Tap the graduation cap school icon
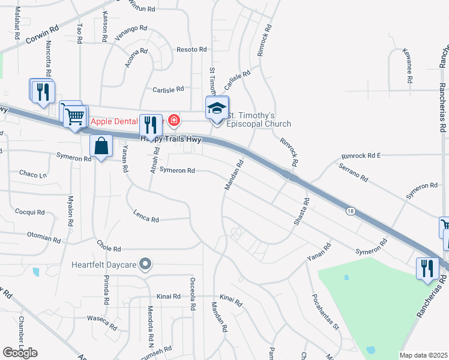(217, 108)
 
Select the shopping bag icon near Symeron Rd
(101, 146)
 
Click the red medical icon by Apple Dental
(174, 120)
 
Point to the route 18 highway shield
(349, 211)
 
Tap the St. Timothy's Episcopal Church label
(259, 119)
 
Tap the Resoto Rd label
(191, 49)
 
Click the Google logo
(20, 353)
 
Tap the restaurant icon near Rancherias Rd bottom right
(427, 268)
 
